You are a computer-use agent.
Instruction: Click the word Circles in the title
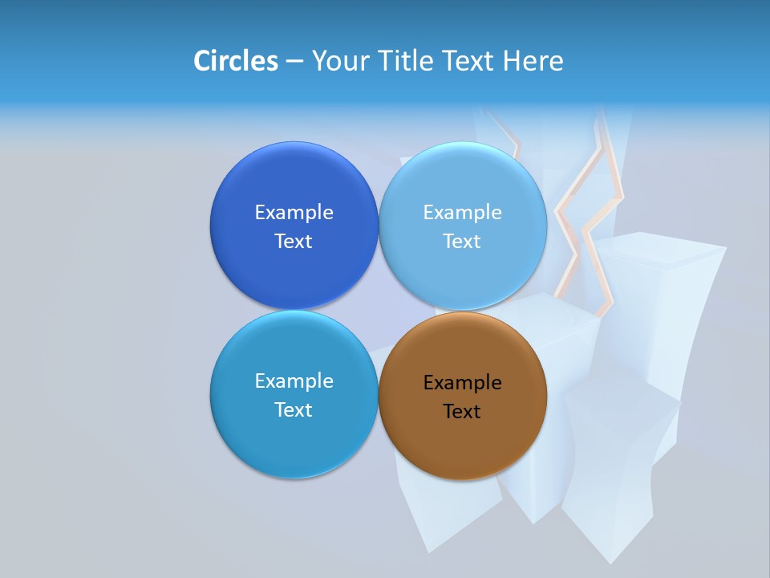click(x=236, y=60)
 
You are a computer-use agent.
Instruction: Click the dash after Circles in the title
click(x=294, y=61)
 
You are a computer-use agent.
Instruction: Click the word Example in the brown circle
click(x=463, y=383)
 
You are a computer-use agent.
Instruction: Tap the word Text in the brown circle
click(x=462, y=412)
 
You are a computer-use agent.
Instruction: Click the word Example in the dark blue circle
click(x=294, y=213)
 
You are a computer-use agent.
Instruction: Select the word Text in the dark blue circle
click(x=294, y=242)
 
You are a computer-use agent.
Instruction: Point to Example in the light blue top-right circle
click(x=463, y=213)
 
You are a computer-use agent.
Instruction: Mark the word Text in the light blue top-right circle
click(x=462, y=242)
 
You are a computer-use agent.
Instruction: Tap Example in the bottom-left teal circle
click(x=294, y=381)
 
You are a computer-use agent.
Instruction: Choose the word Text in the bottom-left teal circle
click(x=294, y=410)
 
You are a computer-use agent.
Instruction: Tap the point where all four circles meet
click(x=379, y=311)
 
